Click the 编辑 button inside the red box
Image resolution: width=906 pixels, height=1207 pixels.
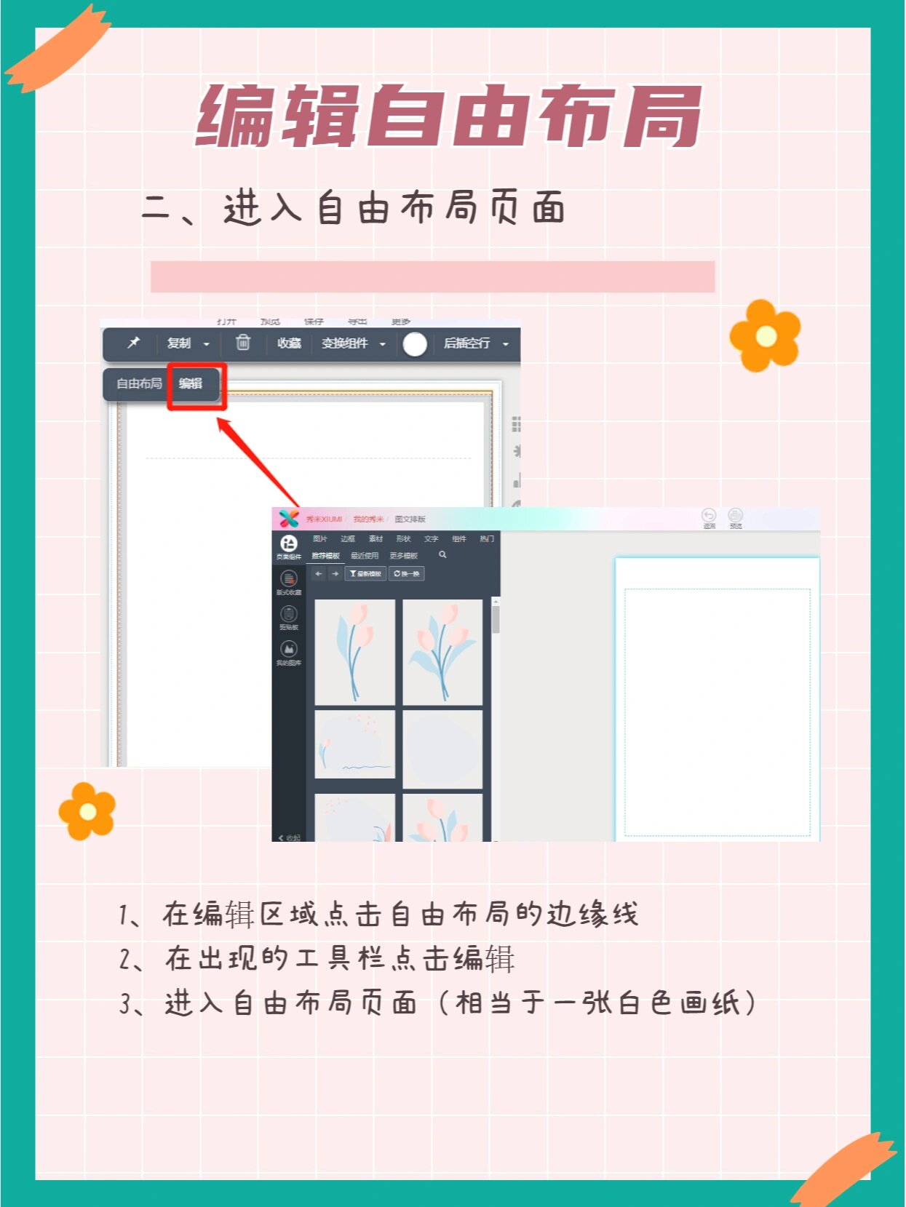(x=191, y=383)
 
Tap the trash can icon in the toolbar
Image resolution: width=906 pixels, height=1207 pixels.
(x=243, y=343)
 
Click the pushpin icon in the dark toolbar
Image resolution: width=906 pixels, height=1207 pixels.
(x=134, y=343)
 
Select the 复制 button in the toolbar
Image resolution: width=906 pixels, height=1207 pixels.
(x=180, y=343)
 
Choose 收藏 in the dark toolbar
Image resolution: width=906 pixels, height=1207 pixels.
(x=289, y=343)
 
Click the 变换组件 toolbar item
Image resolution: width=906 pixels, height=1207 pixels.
(x=346, y=343)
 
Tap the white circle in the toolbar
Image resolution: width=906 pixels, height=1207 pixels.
(x=415, y=344)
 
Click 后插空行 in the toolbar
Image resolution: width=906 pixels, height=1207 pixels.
(x=467, y=343)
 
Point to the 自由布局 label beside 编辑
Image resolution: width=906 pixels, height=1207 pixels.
(x=139, y=383)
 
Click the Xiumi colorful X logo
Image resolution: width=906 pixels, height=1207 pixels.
(x=289, y=519)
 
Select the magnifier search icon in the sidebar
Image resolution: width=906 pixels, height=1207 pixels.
(x=442, y=555)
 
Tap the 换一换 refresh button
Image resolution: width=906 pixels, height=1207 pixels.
(x=407, y=574)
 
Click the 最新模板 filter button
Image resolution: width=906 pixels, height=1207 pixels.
(x=365, y=574)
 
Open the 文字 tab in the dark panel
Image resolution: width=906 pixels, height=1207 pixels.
(x=431, y=539)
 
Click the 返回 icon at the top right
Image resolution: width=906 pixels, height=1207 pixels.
(x=709, y=517)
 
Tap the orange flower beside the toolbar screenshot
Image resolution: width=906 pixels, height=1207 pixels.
(x=765, y=335)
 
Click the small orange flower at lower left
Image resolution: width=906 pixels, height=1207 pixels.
(x=87, y=811)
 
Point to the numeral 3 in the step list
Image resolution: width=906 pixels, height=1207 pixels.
(x=125, y=1005)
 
